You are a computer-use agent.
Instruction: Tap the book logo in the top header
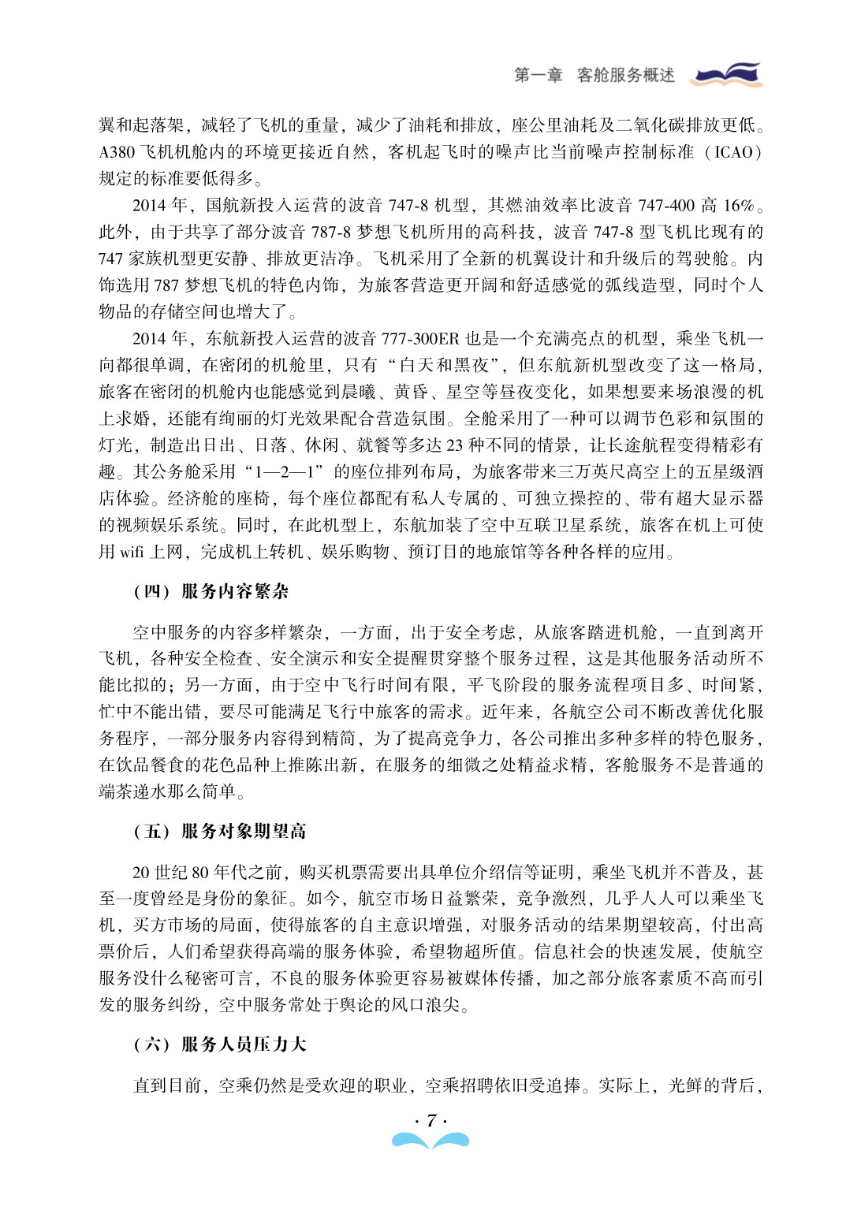point(726,74)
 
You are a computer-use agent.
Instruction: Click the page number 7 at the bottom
point(430,1120)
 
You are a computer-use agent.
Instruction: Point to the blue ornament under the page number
point(430,1140)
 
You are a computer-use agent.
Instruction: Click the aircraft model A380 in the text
point(117,152)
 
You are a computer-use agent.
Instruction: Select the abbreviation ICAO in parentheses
point(734,152)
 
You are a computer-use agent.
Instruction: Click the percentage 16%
point(738,206)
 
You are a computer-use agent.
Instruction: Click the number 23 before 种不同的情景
point(455,445)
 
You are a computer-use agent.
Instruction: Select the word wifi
point(132,553)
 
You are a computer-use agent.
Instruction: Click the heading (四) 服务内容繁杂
point(211,591)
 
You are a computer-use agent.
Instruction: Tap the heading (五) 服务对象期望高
point(220,831)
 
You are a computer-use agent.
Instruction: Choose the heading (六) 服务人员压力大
point(220,1044)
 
